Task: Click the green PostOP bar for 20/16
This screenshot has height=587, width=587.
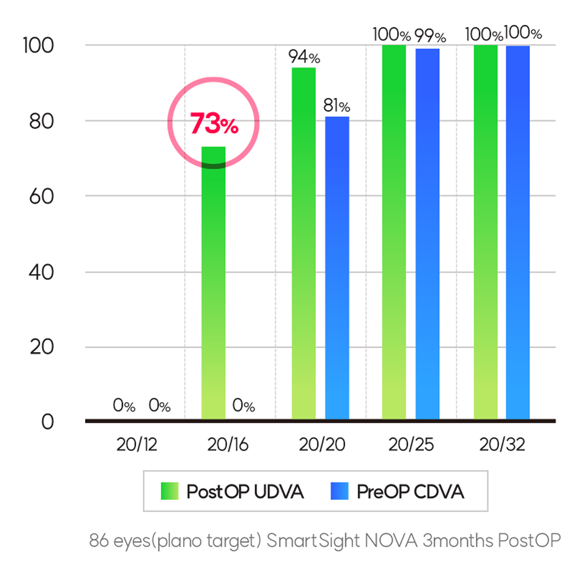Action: click(213, 284)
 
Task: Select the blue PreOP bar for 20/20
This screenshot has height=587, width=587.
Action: click(337, 269)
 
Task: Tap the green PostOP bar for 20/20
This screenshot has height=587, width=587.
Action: click(303, 244)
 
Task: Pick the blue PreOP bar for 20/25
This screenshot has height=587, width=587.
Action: click(427, 234)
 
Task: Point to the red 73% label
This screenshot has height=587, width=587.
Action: click(214, 124)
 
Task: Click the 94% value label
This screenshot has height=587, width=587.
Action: click(304, 57)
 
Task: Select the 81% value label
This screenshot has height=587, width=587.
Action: click(337, 105)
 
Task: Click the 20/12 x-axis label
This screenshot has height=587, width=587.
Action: click(137, 444)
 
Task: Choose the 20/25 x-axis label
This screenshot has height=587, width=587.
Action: click(411, 444)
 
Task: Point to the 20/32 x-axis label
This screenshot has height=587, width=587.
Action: click(502, 444)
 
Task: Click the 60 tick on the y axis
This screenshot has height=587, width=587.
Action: click(41, 196)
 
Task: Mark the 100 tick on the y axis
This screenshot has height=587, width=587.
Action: click(38, 45)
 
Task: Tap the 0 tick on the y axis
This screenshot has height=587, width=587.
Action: click(47, 422)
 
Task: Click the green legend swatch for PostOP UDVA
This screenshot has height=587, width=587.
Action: click(169, 491)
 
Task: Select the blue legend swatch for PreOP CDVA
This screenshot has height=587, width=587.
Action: click(339, 491)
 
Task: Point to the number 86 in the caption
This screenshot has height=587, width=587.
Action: click(99, 540)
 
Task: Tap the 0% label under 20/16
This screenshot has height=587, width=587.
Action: click(244, 406)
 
